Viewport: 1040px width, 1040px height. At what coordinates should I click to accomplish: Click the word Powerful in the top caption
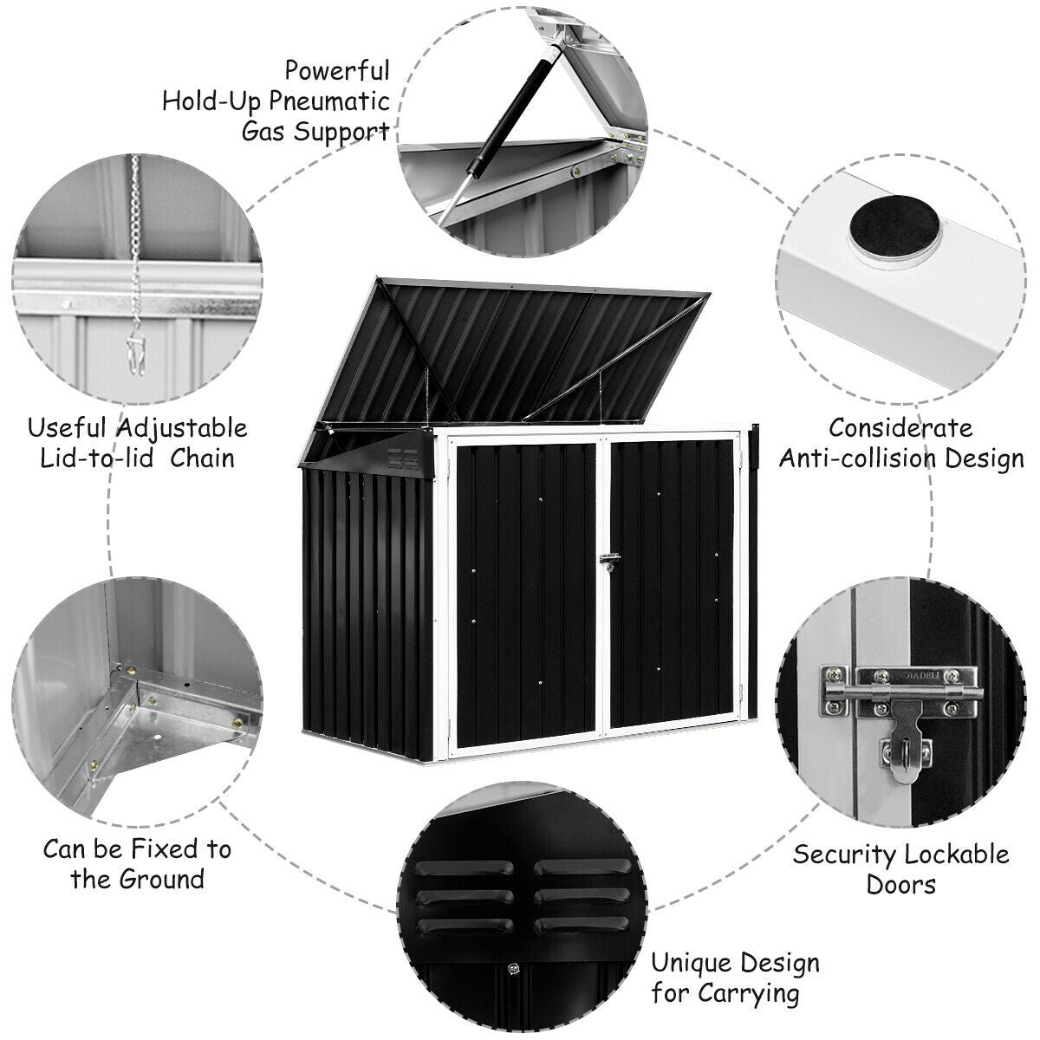[337, 69]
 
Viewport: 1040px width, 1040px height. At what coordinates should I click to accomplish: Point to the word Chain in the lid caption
[202, 458]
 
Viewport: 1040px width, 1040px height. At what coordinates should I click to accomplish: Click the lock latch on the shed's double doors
[610, 562]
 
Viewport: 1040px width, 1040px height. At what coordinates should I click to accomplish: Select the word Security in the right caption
[844, 855]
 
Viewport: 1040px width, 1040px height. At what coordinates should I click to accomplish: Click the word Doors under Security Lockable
[901, 885]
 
